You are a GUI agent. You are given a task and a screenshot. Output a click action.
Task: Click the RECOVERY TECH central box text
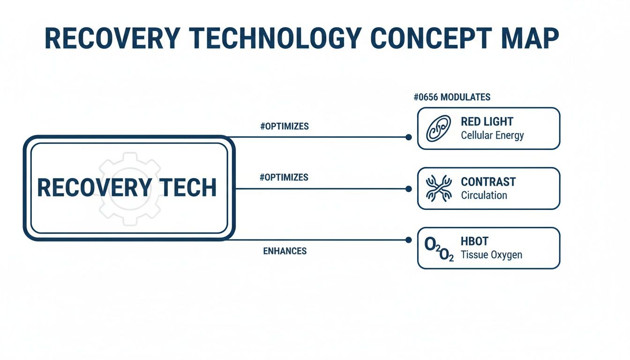pos(127,187)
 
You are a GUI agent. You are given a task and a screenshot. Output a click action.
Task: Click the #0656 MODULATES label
pos(452,97)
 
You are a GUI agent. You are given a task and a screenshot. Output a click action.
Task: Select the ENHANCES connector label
pos(285,251)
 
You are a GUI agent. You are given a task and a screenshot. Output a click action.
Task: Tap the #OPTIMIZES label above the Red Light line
pos(284,127)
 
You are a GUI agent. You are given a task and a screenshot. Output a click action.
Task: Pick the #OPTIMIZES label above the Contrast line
pos(284,178)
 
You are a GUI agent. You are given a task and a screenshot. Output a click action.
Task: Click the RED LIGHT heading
pos(487,122)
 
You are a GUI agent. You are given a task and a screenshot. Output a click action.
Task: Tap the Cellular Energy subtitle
pos(492,135)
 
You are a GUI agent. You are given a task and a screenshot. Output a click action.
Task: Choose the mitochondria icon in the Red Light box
pos(438,128)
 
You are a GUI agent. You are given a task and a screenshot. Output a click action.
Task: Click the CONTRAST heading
pos(488,182)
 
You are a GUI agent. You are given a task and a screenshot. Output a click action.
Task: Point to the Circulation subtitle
pos(484,195)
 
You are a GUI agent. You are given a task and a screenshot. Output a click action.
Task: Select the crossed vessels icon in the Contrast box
pos(438,188)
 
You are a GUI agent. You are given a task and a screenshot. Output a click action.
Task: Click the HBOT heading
pos(474,242)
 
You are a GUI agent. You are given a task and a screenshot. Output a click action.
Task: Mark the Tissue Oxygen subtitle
pos(491,255)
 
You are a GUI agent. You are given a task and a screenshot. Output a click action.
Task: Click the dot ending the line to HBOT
pos(408,240)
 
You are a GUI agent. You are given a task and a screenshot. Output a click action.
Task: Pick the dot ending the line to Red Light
pos(408,137)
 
